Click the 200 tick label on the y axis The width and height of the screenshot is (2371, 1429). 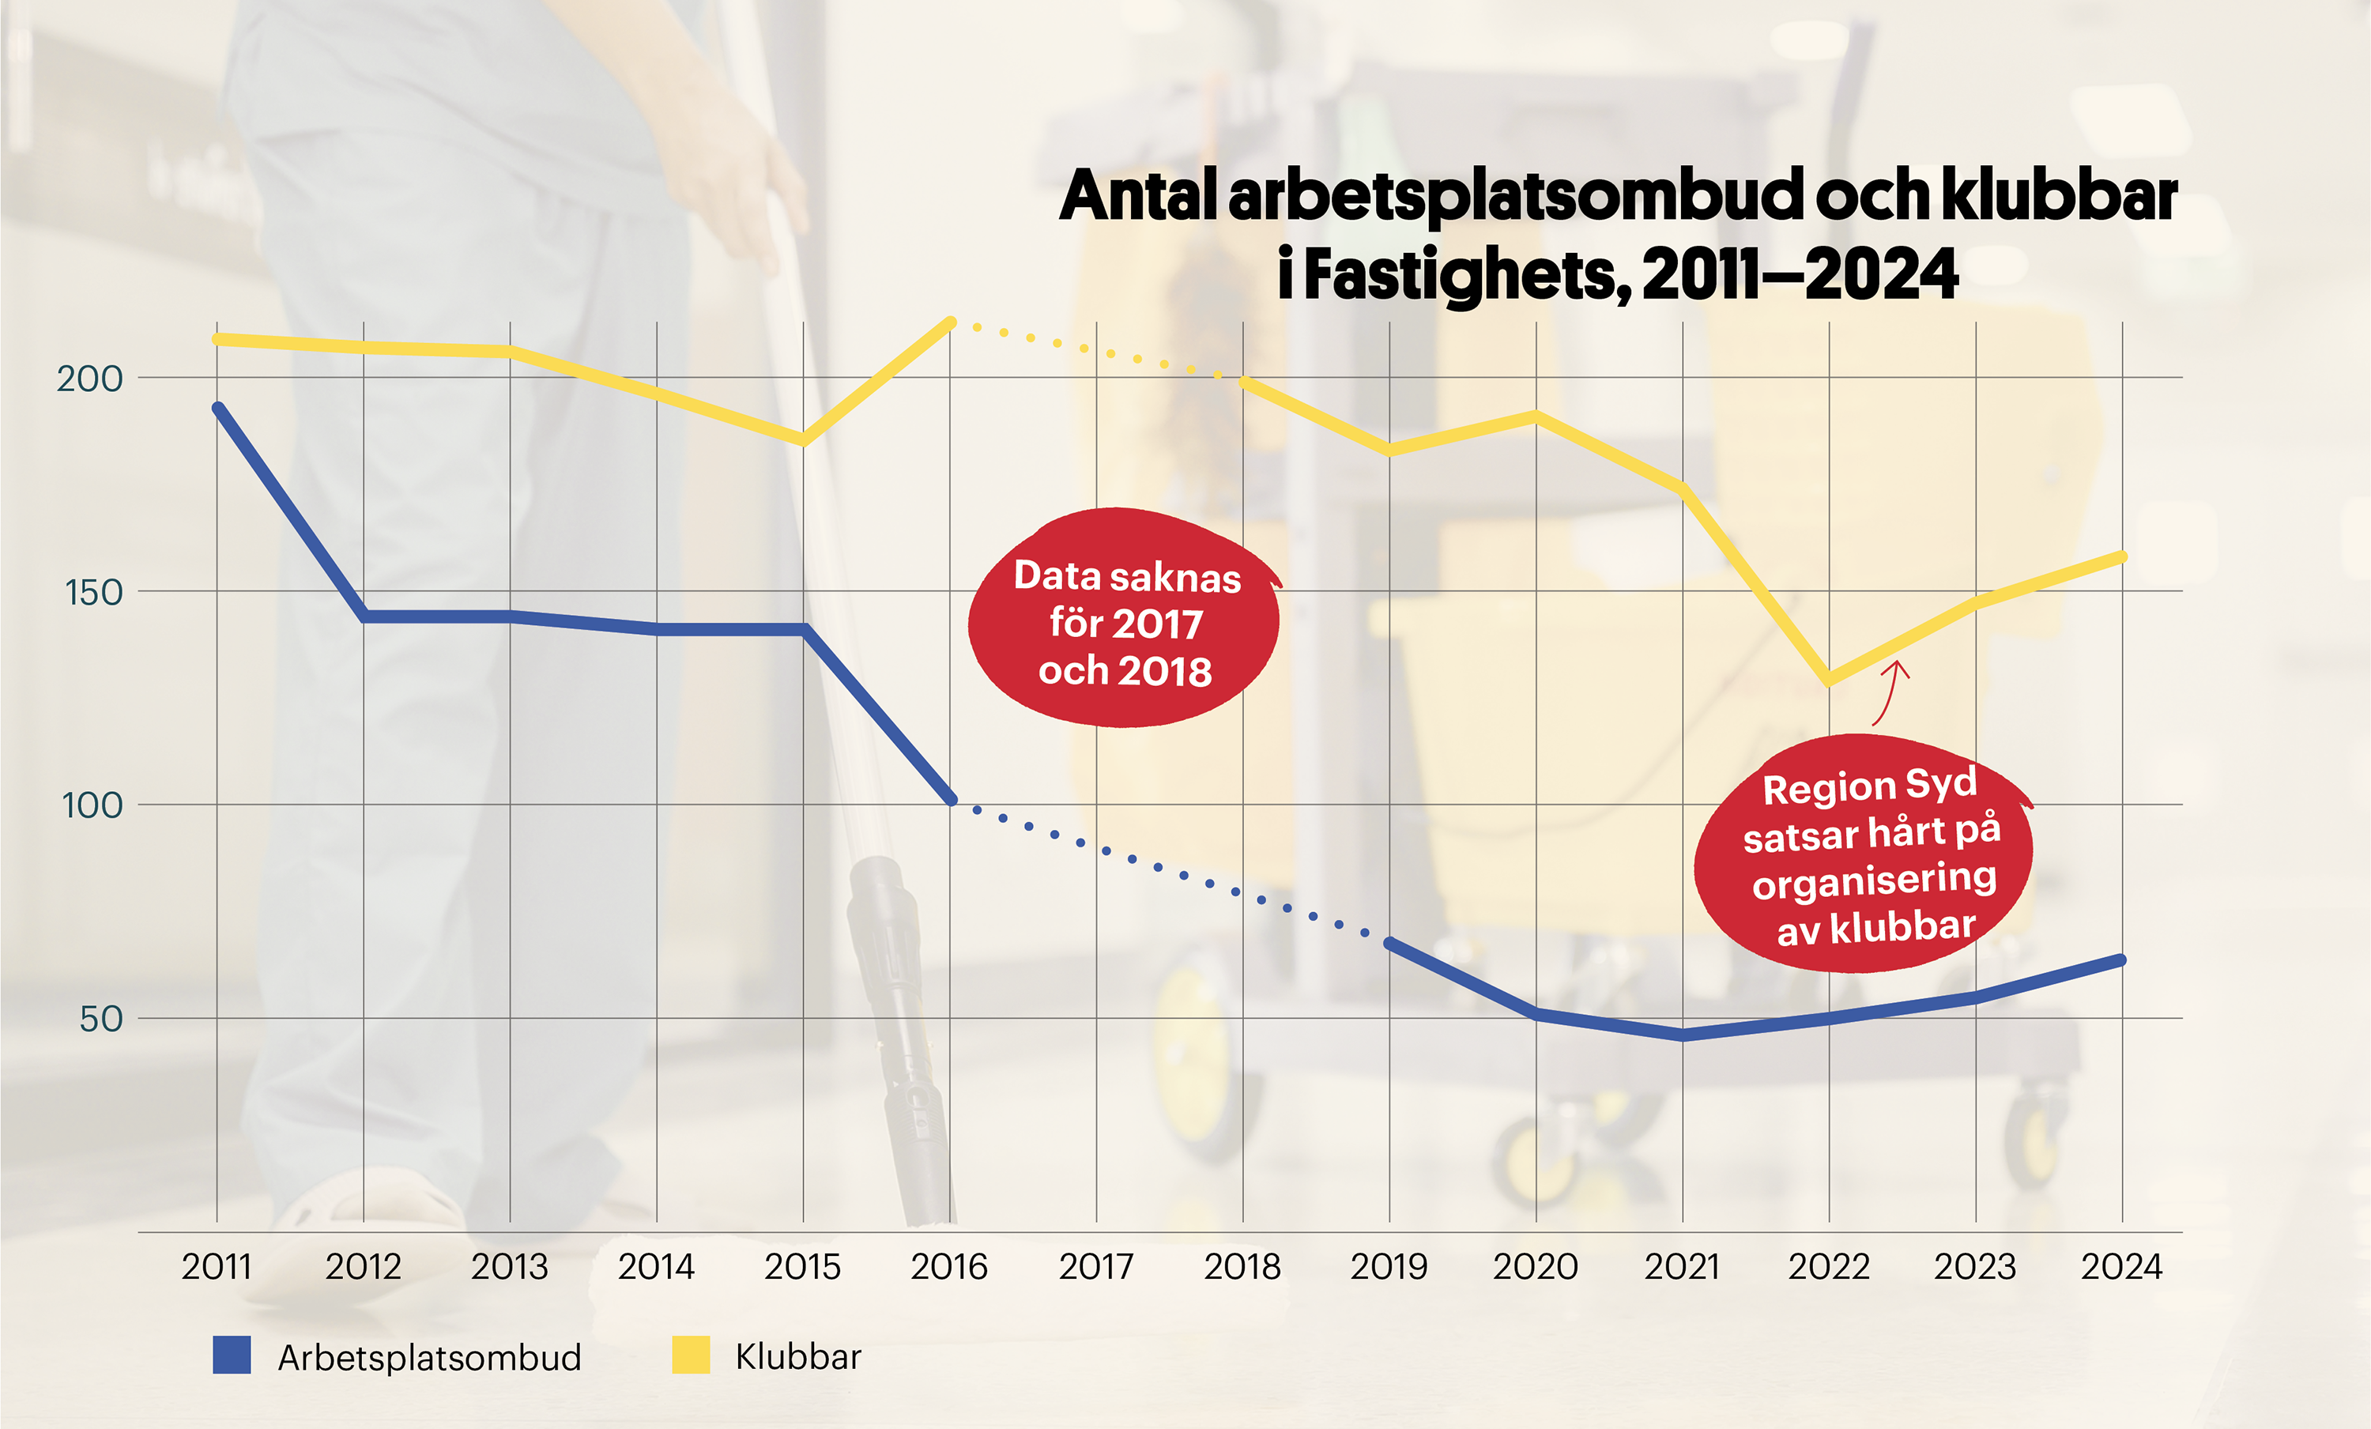pos(89,379)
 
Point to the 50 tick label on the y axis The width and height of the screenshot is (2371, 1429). pos(100,1019)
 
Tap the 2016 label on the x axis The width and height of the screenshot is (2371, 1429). pos(948,1266)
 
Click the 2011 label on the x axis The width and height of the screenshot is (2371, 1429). pos(217,1266)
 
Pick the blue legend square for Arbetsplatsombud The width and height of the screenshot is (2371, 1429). pos(231,1355)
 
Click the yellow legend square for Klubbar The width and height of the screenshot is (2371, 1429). pos(690,1355)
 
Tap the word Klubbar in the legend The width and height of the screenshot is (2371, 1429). pos(797,1357)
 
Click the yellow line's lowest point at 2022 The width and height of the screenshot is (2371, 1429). pos(1828,681)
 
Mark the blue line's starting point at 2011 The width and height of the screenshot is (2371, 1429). pos(217,408)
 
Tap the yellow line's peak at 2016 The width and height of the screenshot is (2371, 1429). pos(951,322)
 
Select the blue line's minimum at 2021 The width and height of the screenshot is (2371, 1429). pos(1682,1035)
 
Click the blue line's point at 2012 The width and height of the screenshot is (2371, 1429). pos(364,616)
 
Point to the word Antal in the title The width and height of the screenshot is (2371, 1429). pos(1140,196)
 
